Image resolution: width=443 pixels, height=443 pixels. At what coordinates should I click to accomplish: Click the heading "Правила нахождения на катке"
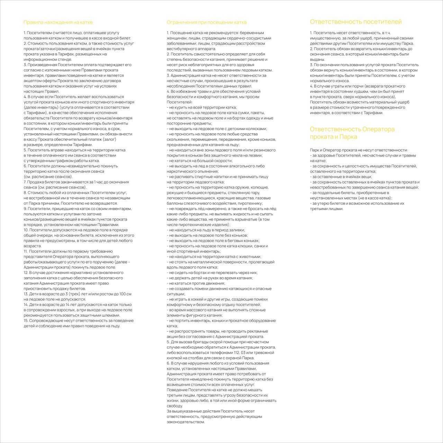click(x=58, y=22)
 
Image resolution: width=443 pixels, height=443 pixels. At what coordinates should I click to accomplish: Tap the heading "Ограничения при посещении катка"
click(x=207, y=22)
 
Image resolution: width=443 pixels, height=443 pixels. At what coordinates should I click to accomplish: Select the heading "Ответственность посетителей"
click(x=356, y=22)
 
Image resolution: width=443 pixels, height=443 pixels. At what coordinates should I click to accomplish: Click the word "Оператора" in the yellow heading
click(x=378, y=129)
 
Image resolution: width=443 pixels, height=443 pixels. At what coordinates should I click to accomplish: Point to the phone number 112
click(x=230, y=353)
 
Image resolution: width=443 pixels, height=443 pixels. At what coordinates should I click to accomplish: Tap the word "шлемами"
click(x=112, y=315)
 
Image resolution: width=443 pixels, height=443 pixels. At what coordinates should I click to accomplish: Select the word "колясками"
click(x=255, y=129)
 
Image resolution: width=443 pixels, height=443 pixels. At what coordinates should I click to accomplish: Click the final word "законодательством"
click(x=186, y=422)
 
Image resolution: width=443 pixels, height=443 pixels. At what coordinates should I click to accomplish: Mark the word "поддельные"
click(x=330, y=193)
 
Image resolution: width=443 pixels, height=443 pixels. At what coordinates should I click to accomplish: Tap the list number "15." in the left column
click(x=26, y=320)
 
